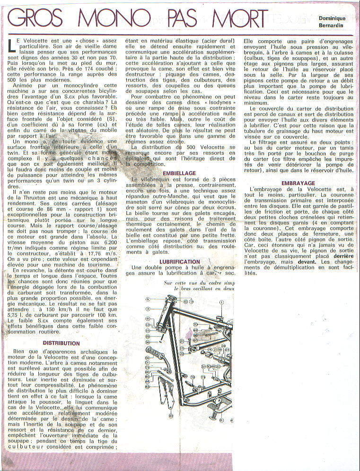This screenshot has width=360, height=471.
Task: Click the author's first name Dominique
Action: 332,18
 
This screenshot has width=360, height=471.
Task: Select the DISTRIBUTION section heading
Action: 61,343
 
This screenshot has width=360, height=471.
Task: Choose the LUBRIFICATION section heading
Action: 180,261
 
